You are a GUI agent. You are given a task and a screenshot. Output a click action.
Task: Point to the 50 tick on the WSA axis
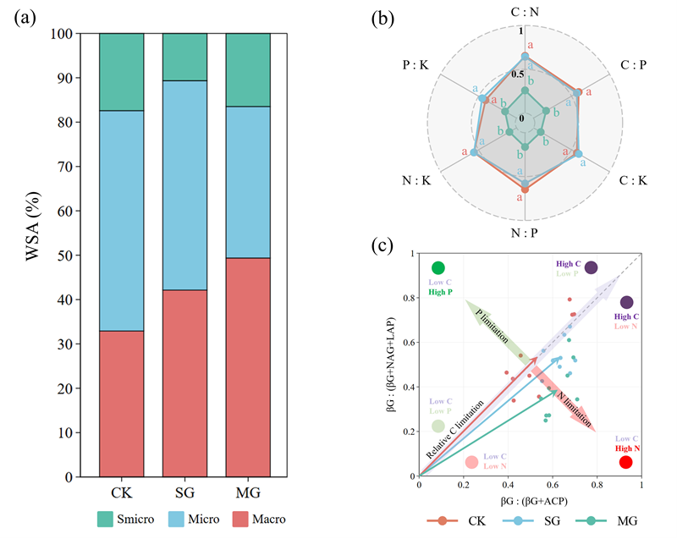pos(68,256)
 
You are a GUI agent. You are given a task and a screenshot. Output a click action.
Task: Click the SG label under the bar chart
pos(184,493)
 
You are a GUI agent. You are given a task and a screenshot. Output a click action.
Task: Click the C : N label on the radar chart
pos(525,14)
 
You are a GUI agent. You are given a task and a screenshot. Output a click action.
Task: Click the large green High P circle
pos(438,268)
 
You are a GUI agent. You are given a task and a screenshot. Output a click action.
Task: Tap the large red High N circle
pos(625,462)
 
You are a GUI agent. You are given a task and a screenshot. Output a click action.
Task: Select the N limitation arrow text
pos(562,400)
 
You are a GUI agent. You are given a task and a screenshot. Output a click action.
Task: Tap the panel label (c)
pos(383,247)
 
